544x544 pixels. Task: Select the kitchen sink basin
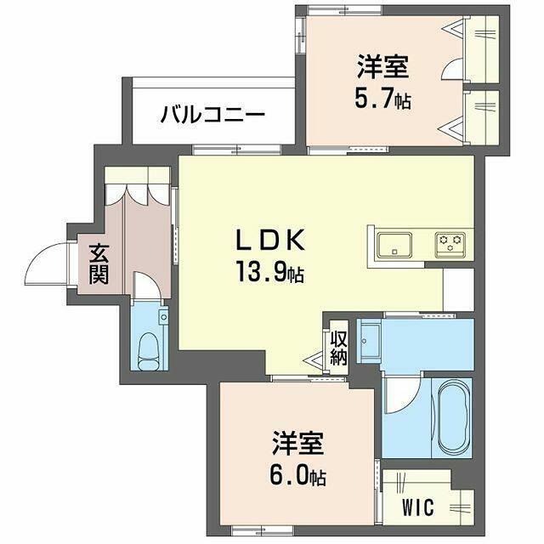point(394,245)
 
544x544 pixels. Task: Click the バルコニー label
point(212,116)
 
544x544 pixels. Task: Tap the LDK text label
point(270,240)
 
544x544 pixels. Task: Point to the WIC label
point(418,507)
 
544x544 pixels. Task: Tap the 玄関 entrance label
point(99,264)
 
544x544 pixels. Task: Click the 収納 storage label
point(338,348)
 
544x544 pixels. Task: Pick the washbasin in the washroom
point(370,341)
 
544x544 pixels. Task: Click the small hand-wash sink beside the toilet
point(163,315)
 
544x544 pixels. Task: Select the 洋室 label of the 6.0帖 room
point(298,443)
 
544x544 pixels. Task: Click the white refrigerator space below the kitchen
point(459,289)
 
